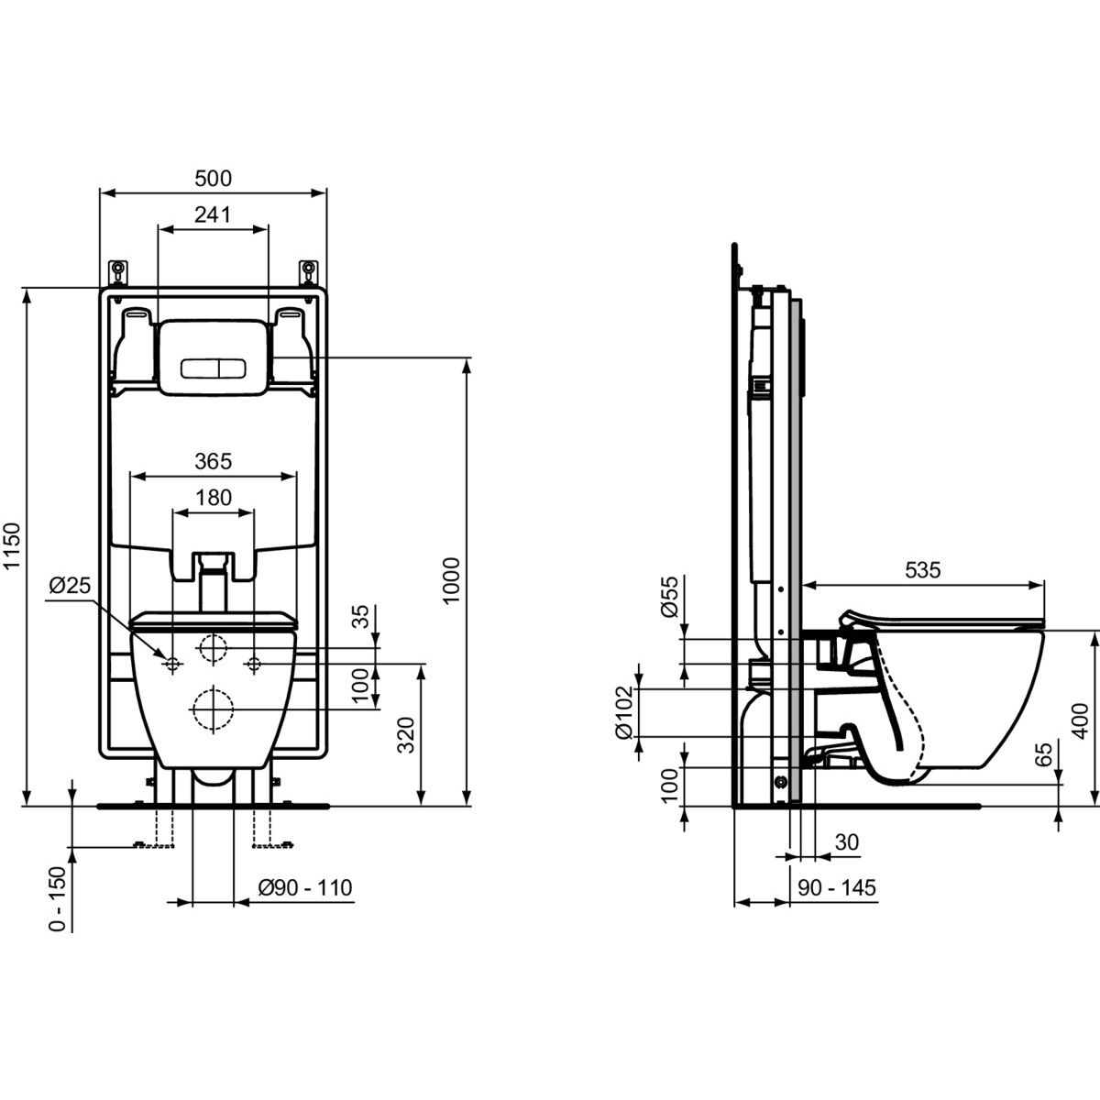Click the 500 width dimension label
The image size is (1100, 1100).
click(x=213, y=179)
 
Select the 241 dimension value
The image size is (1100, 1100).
click(x=213, y=214)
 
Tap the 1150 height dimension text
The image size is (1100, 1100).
click(x=12, y=545)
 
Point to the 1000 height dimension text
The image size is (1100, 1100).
click(x=452, y=581)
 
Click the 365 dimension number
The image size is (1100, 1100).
click(x=214, y=461)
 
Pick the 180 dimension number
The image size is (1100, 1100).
click(x=214, y=498)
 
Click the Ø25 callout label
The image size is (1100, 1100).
click(x=70, y=585)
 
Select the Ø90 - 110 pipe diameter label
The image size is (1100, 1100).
click(x=305, y=887)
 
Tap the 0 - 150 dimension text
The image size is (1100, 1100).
click(x=58, y=899)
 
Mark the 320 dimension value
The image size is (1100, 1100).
click(x=406, y=735)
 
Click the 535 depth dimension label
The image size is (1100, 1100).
click(x=923, y=569)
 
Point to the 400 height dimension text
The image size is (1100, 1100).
click(x=1080, y=721)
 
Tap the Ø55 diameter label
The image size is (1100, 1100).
click(x=670, y=597)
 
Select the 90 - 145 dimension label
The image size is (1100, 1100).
click(x=836, y=887)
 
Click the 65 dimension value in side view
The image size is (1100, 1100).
click(x=1043, y=754)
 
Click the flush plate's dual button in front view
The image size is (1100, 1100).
click(x=213, y=368)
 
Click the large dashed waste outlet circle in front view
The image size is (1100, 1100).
click(x=214, y=709)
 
